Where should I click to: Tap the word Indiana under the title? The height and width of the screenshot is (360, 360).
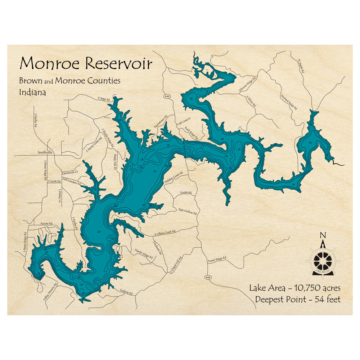pyautogui.click(x=32, y=92)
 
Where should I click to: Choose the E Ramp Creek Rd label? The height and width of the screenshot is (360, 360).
pyautogui.click(x=92, y=143)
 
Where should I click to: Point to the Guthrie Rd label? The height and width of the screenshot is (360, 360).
pyautogui.click(x=126, y=293)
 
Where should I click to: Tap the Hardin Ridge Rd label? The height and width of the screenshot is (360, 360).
pyautogui.click(x=144, y=253)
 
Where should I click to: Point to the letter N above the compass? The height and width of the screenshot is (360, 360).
pyautogui.click(x=323, y=235)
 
